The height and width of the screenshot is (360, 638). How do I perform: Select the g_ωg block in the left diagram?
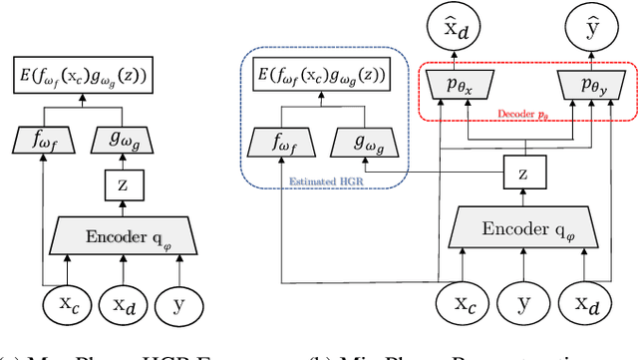coord(121,141)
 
